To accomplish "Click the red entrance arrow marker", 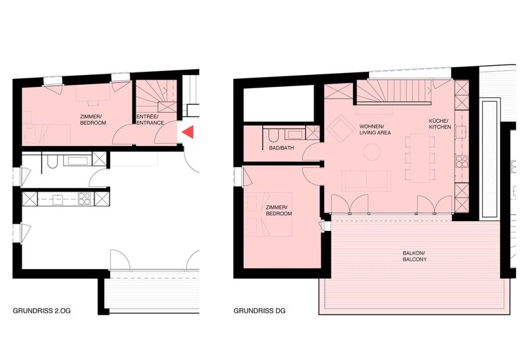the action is click(x=189, y=132).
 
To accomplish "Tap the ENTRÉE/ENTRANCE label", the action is click(x=150, y=120).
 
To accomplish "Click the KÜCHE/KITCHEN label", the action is click(x=440, y=124).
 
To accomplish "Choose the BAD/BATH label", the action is click(x=282, y=148).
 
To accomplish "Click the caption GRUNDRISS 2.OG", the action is click(x=42, y=311).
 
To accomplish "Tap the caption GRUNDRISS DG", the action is click(x=260, y=311).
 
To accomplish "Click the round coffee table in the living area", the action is click(x=372, y=152).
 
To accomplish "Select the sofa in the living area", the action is click(x=366, y=180).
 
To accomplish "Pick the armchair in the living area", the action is click(x=341, y=128).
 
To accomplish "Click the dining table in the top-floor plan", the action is click(x=420, y=158).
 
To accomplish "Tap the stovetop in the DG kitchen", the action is click(x=462, y=161).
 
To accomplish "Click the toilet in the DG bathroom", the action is click(x=273, y=136).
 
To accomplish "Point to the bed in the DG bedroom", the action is click(x=268, y=215).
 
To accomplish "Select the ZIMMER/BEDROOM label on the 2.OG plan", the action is click(x=93, y=120).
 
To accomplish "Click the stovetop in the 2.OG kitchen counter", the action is click(x=84, y=199).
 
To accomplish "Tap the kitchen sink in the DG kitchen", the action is click(x=460, y=132).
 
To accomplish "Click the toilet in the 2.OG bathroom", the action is click(x=51, y=161).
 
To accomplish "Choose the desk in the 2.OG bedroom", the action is click(x=93, y=93).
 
